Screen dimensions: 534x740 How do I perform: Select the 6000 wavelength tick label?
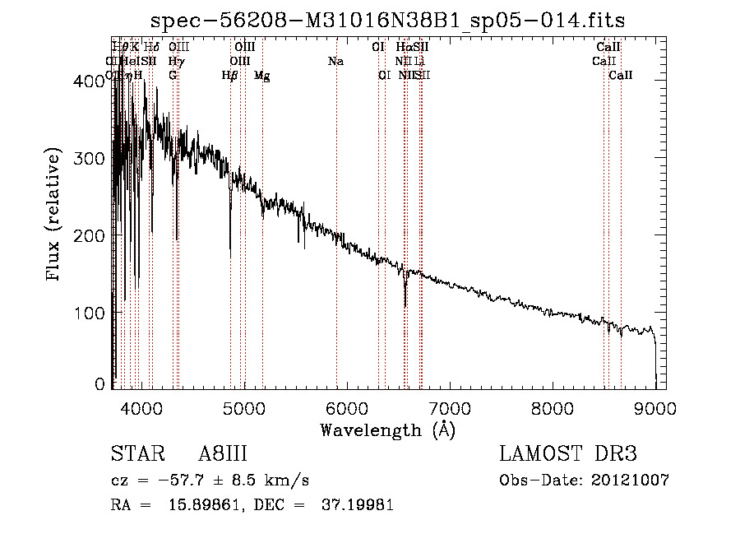346,408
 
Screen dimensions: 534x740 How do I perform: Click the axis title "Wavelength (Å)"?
387,430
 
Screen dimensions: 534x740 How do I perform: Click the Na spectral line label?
335,61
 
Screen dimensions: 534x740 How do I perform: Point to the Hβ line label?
230,75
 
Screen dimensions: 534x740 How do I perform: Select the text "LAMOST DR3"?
567,454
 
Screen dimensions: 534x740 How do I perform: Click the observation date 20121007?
630,481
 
